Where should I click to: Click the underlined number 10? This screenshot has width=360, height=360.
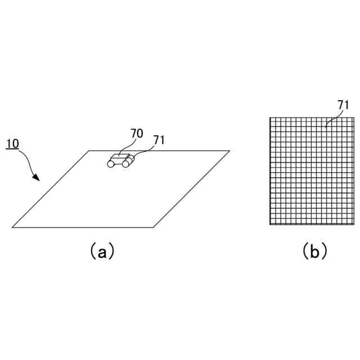tap(12, 144)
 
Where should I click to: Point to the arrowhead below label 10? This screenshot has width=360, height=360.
tap(37, 178)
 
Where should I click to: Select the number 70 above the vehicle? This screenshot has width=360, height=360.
tap(137, 134)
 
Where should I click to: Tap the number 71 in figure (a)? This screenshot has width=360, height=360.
tap(159, 140)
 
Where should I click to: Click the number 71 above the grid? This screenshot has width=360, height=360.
tap(343, 105)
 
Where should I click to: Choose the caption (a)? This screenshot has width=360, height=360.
tap(102, 251)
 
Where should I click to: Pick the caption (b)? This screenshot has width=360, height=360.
tap(314, 251)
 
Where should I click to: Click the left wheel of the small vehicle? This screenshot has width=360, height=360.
tap(111, 164)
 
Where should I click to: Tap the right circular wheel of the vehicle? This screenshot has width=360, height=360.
tap(125, 164)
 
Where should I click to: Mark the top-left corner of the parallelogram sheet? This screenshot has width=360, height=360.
tap(89, 151)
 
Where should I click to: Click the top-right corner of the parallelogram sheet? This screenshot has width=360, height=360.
tap(229, 151)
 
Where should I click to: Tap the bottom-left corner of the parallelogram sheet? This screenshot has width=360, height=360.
tap(12, 227)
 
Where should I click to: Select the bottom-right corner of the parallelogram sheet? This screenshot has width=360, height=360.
tap(153, 227)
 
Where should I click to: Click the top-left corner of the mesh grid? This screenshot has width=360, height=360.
tap(270, 118)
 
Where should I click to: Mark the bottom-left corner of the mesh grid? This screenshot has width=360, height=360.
tap(270, 224)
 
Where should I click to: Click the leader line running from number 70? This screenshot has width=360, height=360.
tap(127, 146)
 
